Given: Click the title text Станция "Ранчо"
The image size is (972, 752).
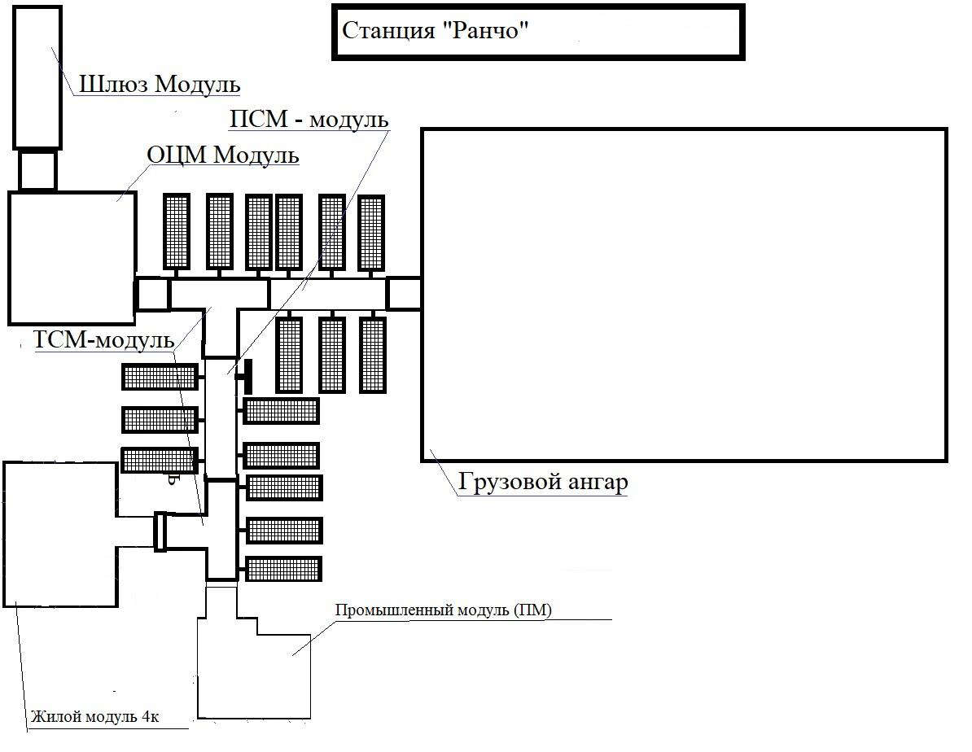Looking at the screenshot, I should coord(436,31).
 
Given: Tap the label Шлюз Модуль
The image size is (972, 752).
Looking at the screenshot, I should coord(160,84).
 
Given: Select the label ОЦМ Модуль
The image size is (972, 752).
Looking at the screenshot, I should coord(222,155).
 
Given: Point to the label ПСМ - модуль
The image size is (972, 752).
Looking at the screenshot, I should coord(309,120).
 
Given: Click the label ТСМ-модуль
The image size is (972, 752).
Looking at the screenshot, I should coord(104,339).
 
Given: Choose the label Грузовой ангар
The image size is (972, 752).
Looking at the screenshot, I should coord(543,482).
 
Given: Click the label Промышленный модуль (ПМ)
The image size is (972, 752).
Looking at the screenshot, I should coord(444,610).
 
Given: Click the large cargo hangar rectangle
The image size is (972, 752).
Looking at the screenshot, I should coord(684,295).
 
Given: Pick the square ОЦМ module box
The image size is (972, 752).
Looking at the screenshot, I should coord(72,257).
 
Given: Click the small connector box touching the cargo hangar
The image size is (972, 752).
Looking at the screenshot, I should coord(403,293).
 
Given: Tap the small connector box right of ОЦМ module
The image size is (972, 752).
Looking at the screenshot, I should coord(152,294).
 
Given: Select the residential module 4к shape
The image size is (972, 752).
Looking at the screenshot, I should coord(61,533).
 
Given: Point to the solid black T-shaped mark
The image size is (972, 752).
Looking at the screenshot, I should coord(246,375).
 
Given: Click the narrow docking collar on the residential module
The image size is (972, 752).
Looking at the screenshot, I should coord(160,531).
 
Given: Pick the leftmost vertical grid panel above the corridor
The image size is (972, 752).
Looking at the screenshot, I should coord(177,231).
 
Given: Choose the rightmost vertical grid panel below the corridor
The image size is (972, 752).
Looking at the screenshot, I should coord(373,355).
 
